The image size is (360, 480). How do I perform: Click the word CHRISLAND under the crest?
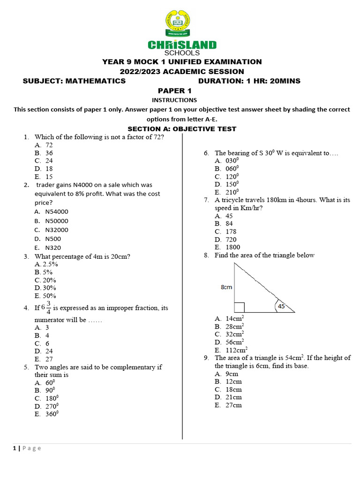pyautogui.click(x=182, y=45)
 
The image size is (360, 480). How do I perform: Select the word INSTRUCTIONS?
pyautogui.click(x=174, y=100)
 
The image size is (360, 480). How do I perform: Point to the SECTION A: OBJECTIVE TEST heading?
pyautogui.click(x=182, y=129)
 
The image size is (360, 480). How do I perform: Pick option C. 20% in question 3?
pyautogui.click(x=45, y=280)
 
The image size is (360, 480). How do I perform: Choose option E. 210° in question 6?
pyautogui.click(x=227, y=192)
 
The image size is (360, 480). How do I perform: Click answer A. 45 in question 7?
pyautogui.click(x=224, y=216)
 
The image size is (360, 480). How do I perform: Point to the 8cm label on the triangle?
pyautogui.click(x=226, y=287)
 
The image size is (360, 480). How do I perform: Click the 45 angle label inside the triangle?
pyautogui.click(x=281, y=306)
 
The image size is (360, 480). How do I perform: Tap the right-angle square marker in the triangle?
pyautogui.click(x=239, y=307)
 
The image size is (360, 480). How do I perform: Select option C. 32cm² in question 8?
pyautogui.click(x=229, y=334)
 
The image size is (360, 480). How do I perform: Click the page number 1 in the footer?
pyautogui.click(x=14, y=448)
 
